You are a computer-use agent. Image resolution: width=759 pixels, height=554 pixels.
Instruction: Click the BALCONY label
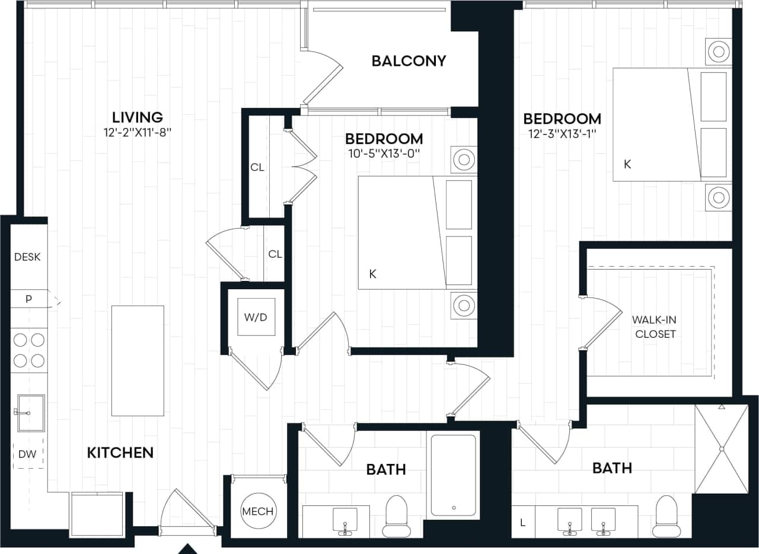click(x=409, y=61)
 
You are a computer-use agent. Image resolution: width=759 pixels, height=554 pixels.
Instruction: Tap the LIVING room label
click(x=138, y=117)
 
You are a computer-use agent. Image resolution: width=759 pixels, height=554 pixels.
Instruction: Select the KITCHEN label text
click(x=120, y=453)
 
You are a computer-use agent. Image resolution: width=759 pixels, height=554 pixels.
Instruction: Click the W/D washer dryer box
click(x=256, y=317)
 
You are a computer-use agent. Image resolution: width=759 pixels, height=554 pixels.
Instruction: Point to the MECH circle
click(x=257, y=511)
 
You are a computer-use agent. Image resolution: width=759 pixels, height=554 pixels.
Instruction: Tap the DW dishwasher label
click(x=28, y=454)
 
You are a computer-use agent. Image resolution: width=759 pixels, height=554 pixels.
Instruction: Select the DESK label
click(x=27, y=257)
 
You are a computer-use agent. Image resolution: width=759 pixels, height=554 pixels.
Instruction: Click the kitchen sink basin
click(x=30, y=413)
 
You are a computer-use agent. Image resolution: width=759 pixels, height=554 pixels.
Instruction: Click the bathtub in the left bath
click(x=453, y=475)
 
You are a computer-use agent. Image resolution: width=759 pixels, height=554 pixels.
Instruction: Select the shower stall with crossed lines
click(x=722, y=449)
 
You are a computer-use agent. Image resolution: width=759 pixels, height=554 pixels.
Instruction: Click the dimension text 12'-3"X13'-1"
click(x=562, y=134)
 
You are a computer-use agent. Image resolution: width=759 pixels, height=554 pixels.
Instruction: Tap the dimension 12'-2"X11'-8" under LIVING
click(x=137, y=132)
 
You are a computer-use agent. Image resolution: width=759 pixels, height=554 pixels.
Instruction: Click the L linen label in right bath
click(x=522, y=523)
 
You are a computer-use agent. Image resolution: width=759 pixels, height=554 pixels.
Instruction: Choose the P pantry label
click(x=28, y=299)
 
